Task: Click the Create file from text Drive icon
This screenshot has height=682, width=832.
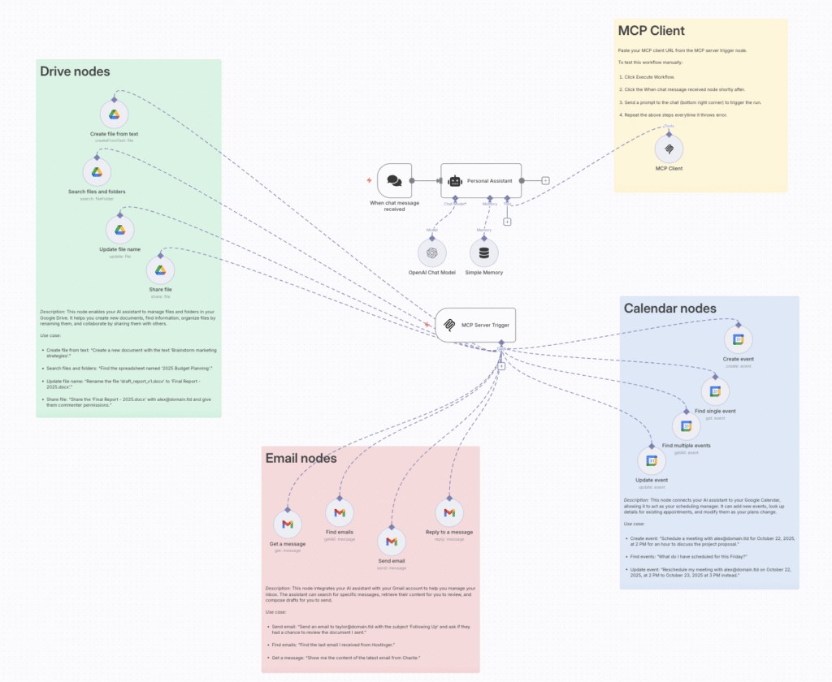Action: point(115,115)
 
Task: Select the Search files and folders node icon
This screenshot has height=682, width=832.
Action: point(97,172)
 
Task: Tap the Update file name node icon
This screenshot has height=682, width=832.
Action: point(119,231)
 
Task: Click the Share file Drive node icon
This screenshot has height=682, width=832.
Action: point(160,270)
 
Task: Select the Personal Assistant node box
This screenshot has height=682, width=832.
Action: point(479,180)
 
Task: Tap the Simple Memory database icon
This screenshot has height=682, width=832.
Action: point(484,253)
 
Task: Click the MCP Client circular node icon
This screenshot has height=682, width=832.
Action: point(669,149)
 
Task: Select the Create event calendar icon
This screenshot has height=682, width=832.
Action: point(739,340)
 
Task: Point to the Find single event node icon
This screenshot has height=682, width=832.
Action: point(716,392)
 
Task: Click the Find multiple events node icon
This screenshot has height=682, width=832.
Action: point(686,426)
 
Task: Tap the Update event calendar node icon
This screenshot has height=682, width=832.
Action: point(651,461)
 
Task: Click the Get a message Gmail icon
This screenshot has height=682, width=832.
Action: point(288,524)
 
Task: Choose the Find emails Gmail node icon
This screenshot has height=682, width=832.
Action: point(340,513)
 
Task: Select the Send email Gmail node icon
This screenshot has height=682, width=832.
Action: point(392,542)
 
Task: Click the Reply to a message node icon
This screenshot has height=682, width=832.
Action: point(448,513)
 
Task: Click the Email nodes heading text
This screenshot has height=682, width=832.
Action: point(301,459)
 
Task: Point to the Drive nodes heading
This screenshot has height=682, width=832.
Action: point(75,71)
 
